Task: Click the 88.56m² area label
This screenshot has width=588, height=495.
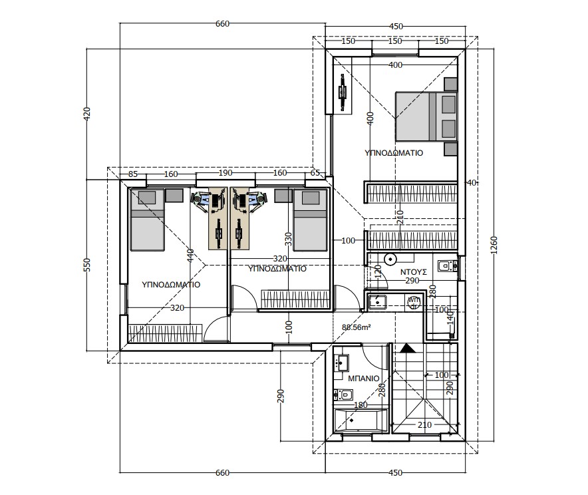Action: (x=357, y=327)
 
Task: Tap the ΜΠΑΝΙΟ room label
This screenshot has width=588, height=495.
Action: (x=364, y=379)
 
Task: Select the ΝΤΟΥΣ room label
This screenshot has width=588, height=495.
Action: (x=414, y=272)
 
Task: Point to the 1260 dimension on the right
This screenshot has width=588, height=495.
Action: (x=494, y=245)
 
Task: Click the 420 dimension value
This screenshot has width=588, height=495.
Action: (x=86, y=114)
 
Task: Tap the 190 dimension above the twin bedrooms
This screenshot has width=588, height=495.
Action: (x=225, y=173)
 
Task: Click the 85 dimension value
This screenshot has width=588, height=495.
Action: (x=133, y=174)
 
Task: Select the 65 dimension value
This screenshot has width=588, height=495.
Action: (x=315, y=173)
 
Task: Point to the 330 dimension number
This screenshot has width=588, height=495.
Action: (x=288, y=240)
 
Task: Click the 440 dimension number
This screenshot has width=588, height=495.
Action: (x=190, y=255)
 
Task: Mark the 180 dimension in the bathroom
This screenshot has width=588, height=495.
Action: (x=361, y=405)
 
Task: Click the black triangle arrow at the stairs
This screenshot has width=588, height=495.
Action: (x=408, y=349)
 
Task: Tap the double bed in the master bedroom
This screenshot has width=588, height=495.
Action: (x=426, y=117)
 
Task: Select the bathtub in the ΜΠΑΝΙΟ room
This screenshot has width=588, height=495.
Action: (x=361, y=420)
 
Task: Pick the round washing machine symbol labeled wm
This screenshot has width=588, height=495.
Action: (x=414, y=301)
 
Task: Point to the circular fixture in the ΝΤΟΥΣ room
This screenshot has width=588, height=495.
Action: (x=390, y=259)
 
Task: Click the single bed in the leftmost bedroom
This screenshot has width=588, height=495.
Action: (x=147, y=220)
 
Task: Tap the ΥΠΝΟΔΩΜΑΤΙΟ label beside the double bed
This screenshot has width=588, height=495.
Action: (x=394, y=153)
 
